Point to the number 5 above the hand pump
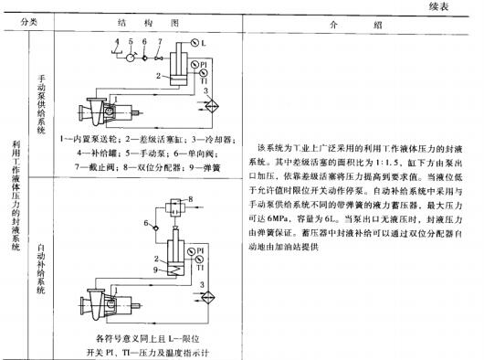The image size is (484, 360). pyautogui.click(x=131, y=41)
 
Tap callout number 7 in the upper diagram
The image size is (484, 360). pyautogui.click(x=159, y=41)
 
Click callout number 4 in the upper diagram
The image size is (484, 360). pyautogui.click(x=116, y=41)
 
